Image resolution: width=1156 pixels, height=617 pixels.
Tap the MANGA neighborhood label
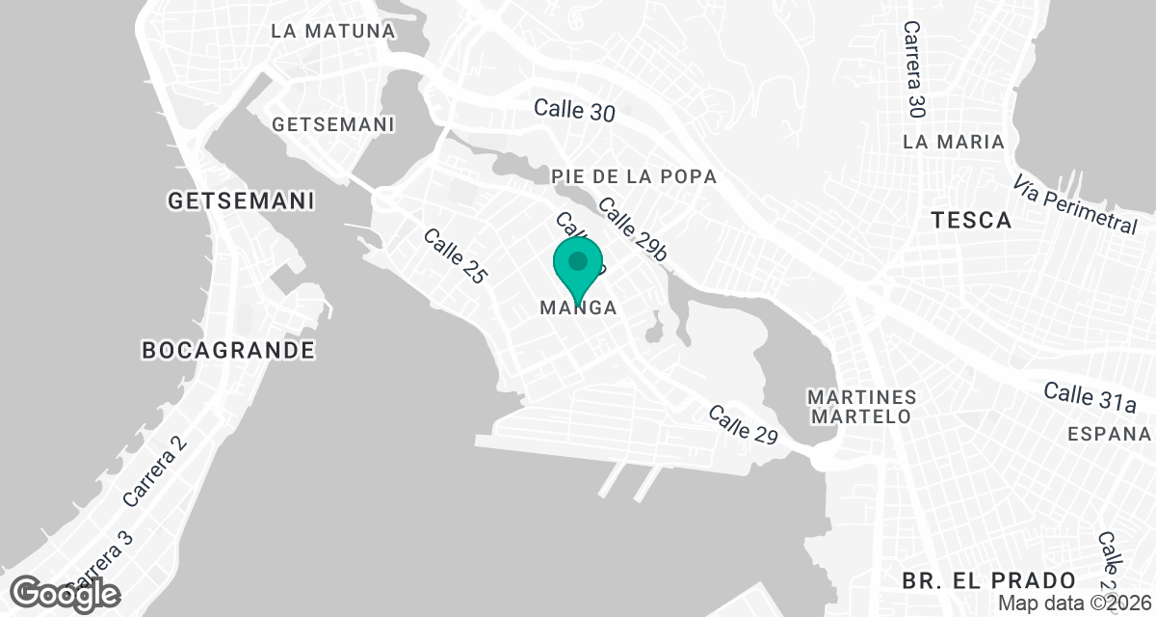578,308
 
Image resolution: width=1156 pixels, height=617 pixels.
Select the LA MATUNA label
333,31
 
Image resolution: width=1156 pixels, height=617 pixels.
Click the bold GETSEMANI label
241,201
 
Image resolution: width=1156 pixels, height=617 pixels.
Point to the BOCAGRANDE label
228,349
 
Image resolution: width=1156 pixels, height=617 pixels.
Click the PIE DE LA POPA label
634,176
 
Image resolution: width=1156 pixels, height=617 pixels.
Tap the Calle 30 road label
574,110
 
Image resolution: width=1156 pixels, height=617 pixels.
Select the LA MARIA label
954,142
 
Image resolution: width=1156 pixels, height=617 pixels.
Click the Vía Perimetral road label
1076,204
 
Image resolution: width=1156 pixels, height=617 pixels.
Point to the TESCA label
972,221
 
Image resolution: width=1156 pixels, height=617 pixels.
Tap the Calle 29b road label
633,229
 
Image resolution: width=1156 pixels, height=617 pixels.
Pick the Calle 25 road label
455,255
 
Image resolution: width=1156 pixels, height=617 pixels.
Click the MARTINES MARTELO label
860,407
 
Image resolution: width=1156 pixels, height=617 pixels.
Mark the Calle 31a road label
1090,395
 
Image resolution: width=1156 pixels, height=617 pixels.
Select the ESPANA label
1109,433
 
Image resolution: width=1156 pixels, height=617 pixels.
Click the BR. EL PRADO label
989,580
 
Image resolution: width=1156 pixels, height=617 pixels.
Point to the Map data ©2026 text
1074,603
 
